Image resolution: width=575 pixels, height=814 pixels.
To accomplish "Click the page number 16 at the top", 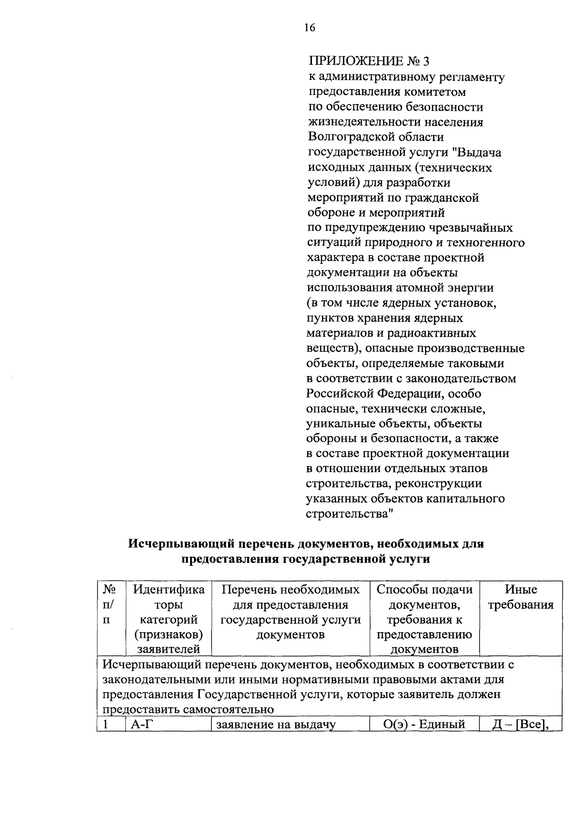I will [310, 28].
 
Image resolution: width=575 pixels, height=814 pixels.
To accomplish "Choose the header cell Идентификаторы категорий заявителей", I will [169, 619].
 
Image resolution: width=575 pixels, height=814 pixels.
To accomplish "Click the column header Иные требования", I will [521, 597].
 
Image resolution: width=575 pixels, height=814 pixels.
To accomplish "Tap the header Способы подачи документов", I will [425, 619].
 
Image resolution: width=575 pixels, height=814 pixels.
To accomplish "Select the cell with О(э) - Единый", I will [425, 724].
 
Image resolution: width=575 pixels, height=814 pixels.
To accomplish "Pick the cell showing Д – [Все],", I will [521, 724].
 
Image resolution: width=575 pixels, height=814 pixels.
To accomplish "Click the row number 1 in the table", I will [106, 724].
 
